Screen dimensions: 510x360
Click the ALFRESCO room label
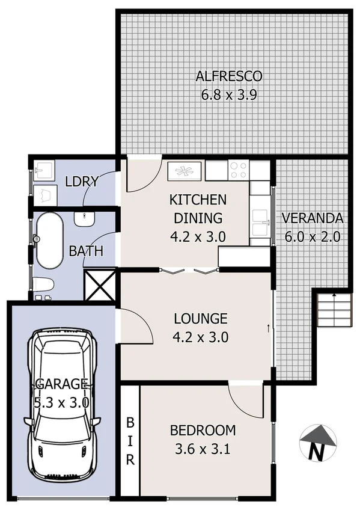click(x=229, y=76)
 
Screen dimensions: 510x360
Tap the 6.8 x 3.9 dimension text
click(x=229, y=94)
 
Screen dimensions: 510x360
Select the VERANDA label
click(x=313, y=218)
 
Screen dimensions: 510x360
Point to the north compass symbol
click(x=317, y=444)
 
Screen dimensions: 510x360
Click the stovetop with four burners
click(x=239, y=170)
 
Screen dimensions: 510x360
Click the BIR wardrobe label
click(x=130, y=440)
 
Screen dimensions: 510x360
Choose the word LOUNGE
click(x=200, y=318)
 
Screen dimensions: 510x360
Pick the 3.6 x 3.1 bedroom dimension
click(x=203, y=448)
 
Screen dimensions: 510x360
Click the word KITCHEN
click(x=197, y=200)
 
